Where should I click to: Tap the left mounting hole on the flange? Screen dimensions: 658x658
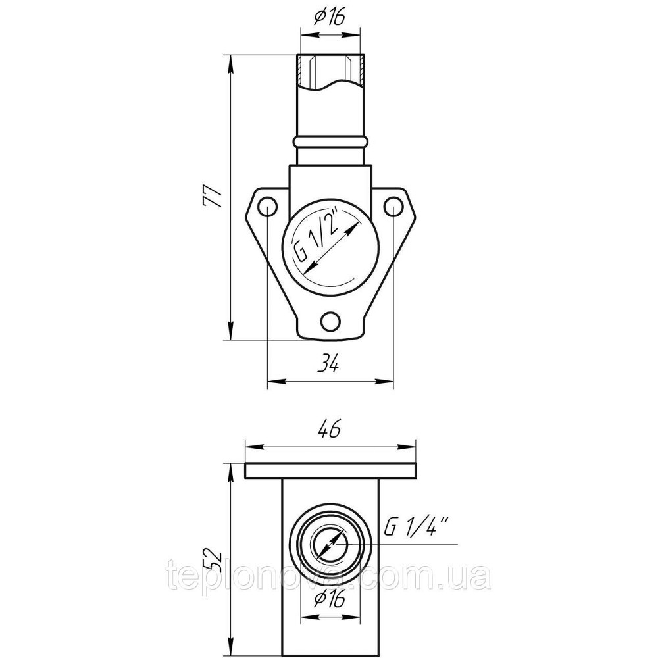point(266,207)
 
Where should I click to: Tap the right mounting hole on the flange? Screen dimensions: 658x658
point(393,207)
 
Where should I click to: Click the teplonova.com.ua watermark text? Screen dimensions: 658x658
point(329,578)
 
